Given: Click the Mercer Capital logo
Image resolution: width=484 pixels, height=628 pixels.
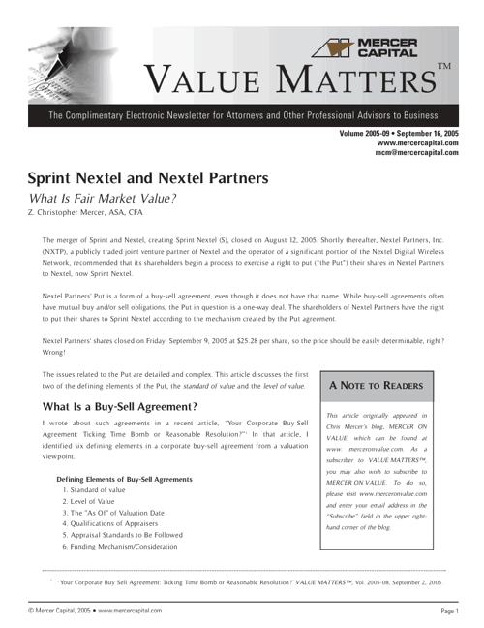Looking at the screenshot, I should coord(373,47).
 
